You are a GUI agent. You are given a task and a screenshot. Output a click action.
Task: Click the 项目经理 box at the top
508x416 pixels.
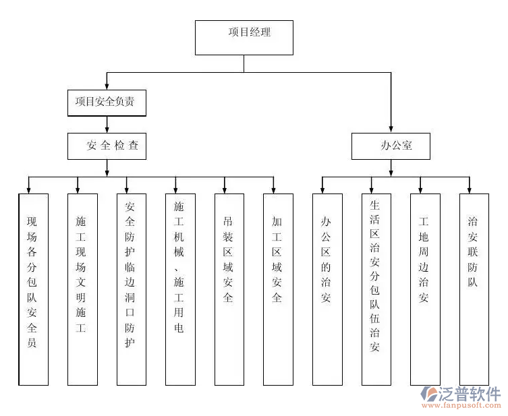[x=244, y=37]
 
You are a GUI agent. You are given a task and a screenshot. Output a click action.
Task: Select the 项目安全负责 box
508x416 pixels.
[x=107, y=102]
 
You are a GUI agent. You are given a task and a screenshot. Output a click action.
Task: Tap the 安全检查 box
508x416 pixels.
[x=107, y=146]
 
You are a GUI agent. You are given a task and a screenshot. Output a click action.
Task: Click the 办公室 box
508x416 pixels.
[x=391, y=146]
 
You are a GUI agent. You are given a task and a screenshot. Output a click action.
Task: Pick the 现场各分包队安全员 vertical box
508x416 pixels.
[x=33, y=289]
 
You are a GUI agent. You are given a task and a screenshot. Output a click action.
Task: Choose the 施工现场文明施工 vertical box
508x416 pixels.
[x=82, y=289]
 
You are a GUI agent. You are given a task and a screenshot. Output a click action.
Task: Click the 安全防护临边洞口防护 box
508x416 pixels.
[x=131, y=289]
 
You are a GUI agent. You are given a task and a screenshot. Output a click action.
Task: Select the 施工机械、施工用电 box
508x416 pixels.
[x=180, y=289]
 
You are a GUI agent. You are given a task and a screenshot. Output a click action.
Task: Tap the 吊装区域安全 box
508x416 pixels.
[x=229, y=289]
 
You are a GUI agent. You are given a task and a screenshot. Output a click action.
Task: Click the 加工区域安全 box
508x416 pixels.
[x=278, y=289]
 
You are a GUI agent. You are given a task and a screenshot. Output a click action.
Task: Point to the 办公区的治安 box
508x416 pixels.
[x=327, y=289]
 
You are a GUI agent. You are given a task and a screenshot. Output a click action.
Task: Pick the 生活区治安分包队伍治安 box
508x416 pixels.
[x=376, y=289]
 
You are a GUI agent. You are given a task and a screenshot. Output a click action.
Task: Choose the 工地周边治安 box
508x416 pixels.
[x=425, y=289]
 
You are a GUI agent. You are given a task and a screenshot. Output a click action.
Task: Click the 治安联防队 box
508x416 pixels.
[x=474, y=289]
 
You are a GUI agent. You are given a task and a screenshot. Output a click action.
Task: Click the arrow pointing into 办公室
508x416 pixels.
[x=391, y=127]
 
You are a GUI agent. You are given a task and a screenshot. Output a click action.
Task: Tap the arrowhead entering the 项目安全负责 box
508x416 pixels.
[x=107, y=86]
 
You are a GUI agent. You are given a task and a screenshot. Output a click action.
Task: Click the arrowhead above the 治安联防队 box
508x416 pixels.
[x=470, y=189]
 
